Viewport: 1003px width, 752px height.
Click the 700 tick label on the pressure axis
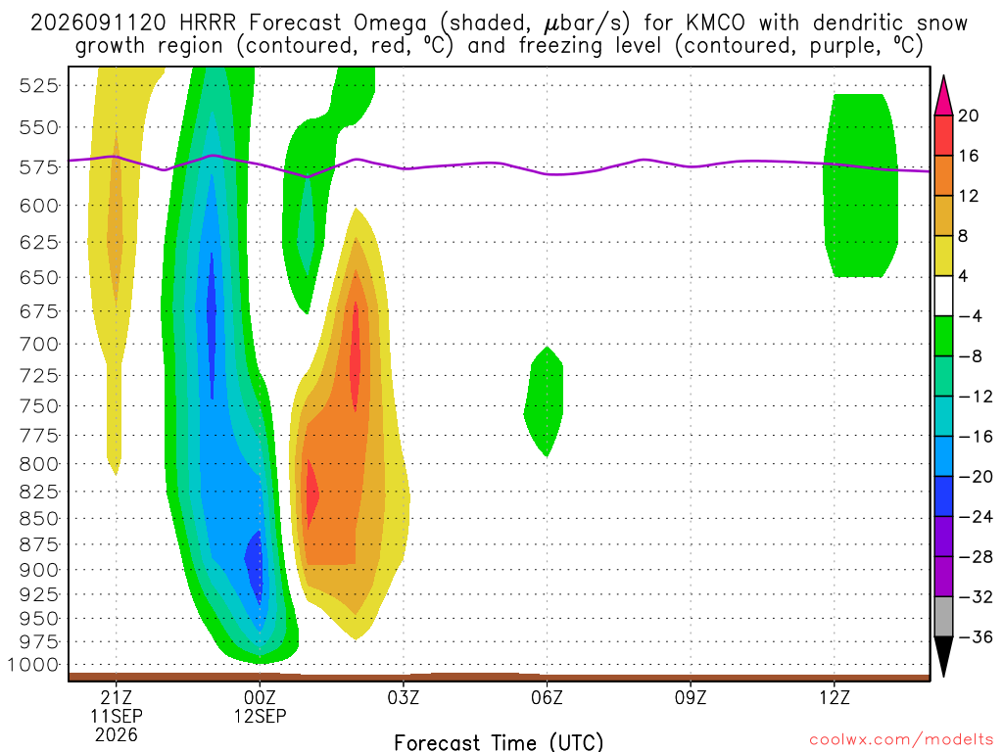click(x=38, y=344)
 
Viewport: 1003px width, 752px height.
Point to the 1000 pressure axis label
click(x=33, y=665)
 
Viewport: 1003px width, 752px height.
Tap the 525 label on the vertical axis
click(x=38, y=86)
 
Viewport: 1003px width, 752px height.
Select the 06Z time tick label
click(x=547, y=697)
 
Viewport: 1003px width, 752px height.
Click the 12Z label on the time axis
click(x=835, y=697)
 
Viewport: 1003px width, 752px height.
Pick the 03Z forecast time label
click(x=403, y=697)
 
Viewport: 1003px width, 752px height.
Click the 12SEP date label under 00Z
click(x=260, y=716)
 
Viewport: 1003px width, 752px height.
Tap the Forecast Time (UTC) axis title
click(x=499, y=742)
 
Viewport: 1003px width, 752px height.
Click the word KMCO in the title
click(x=715, y=23)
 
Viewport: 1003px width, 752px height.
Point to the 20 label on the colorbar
click(x=969, y=116)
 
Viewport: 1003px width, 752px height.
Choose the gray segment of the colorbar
click(x=943, y=617)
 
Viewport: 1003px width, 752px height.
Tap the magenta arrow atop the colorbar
click(x=943, y=96)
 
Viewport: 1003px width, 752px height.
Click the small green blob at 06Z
click(x=545, y=401)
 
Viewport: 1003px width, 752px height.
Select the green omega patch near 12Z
click(x=860, y=185)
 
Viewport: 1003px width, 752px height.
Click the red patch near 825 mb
click(x=311, y=493)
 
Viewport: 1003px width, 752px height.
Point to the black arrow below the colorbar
click(x=943, y=655)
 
